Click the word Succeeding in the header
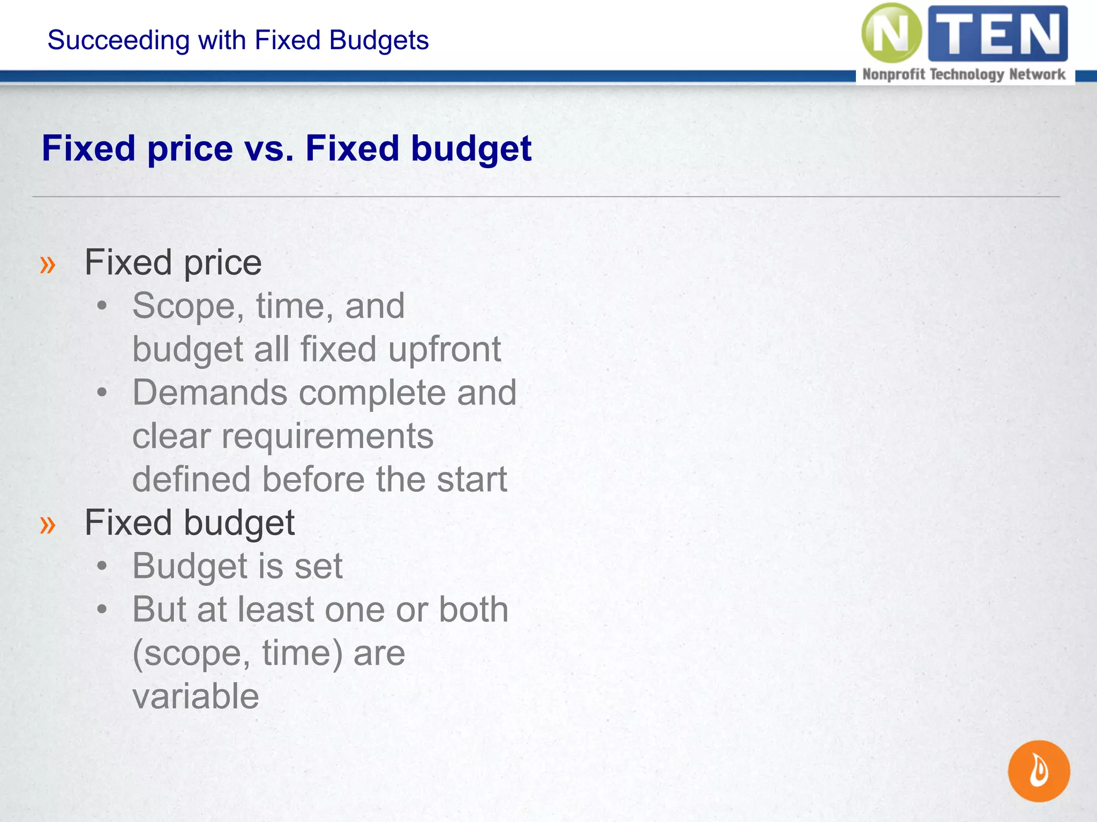pyautogui.click(x=118, y=41)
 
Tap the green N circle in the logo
pyautogui.click(x=891, y=33)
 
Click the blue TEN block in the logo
pyautogui.click(x=998, y=33)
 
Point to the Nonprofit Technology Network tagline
pyautogui.click(x=964, y=74)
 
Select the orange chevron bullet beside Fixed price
pyautogui.click(x=48, y=264)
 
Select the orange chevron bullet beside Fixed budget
pyautogui.click(x=48, y=524)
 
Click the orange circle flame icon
pyautogui.click(x=1039, y=771)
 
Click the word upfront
pyautogui.click(x=445, y=349)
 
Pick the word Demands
pyautogui.click(x=209, y=393)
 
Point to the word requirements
pyautogui.click(x=327, y=436)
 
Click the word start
pyautogui.click(x=471, y=479)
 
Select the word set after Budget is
pyautogui.click(x=318, y=566)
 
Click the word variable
pyautogui.click(x=196, y=696)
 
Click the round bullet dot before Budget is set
pyautogui.click(x=102, y=566)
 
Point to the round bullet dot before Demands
pyautogui.click(x=102, y=392)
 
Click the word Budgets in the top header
pyautogui.click(x=379, y=41)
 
